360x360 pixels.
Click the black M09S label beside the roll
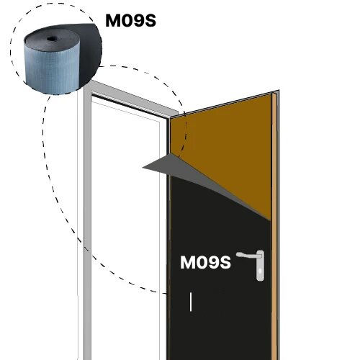(131, 20)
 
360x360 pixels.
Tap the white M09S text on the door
(205, 262)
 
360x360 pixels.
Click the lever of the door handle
(248, 256)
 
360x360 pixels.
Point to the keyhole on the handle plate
(261, 271)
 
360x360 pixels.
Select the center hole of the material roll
(51, 39)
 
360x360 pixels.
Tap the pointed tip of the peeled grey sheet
(143, 167)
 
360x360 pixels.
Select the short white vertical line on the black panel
(191, 302)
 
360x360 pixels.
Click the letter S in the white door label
(225, 262)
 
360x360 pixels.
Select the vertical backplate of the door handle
(261, 266)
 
